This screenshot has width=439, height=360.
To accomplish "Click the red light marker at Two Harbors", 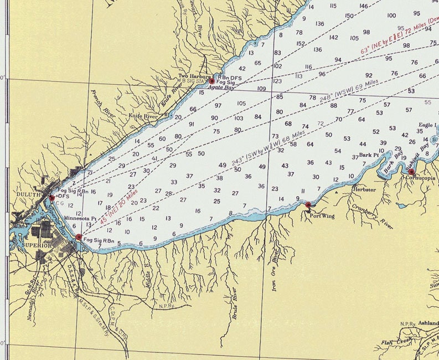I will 211,81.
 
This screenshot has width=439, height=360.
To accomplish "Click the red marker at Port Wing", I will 308,205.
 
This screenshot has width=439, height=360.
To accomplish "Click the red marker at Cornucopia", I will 411,171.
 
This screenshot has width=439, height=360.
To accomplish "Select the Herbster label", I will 363,189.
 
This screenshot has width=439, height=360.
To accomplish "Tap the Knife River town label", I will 143,116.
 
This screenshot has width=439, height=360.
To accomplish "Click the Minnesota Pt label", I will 80,218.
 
